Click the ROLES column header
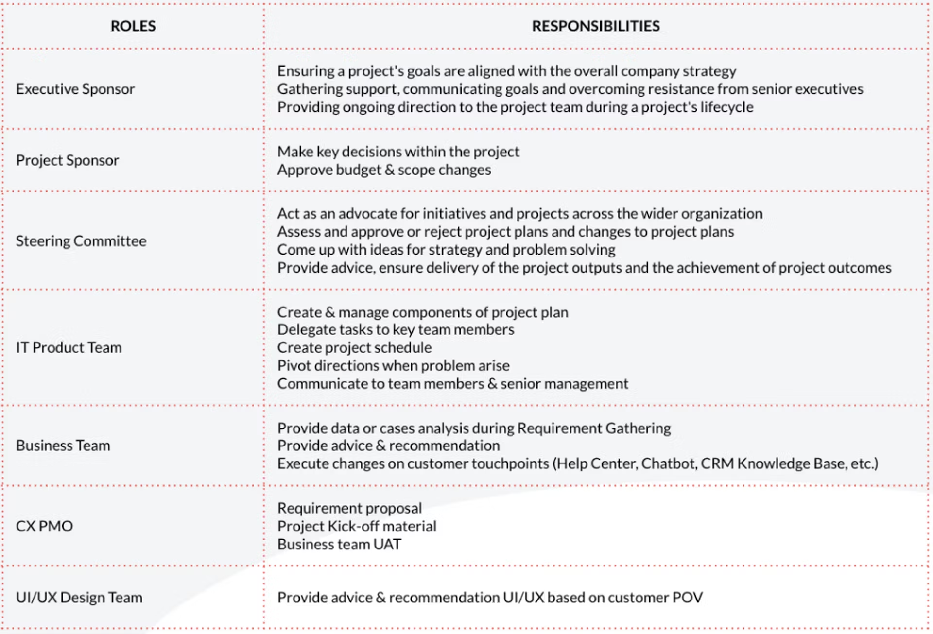133,26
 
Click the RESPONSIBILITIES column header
596,26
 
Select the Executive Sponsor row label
75,89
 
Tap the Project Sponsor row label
68,160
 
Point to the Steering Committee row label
81,241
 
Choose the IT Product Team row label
69,348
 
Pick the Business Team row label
63,446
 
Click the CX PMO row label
44,526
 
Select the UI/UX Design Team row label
79,598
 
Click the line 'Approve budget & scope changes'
384,170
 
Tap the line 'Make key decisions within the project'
398,152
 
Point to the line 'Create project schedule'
354,348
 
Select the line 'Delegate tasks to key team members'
396,330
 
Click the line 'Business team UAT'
339,545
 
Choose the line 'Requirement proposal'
349,508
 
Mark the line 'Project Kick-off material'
357,526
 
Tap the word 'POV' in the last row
687,598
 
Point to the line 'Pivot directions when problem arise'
393,366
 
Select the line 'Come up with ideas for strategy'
446,250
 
